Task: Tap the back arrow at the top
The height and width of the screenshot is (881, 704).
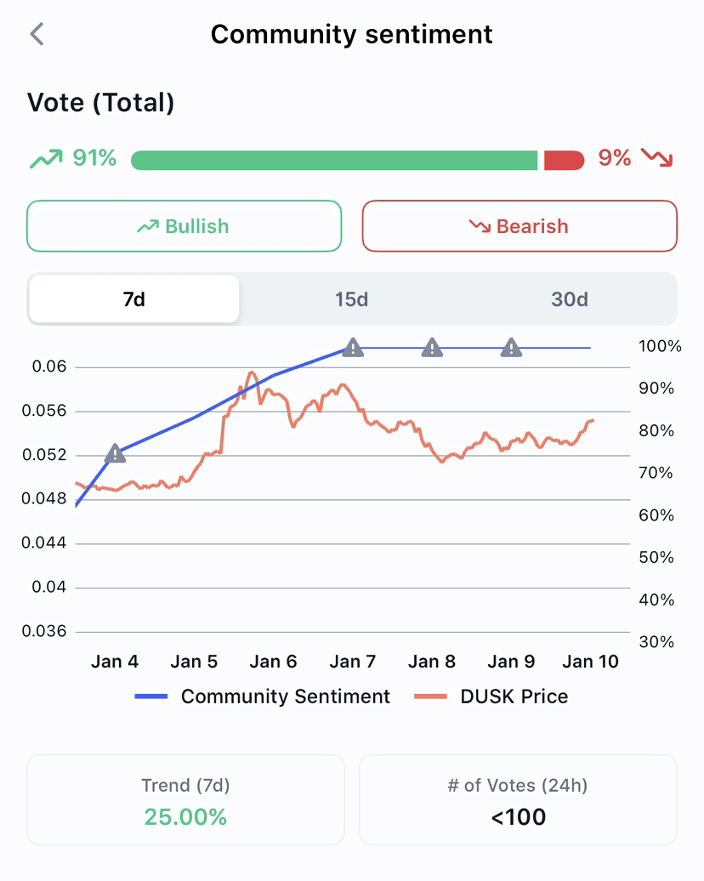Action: pyautogui.click(x=36, y=34)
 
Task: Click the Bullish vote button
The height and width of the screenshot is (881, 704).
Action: pyautogui.click(x=184, y=226)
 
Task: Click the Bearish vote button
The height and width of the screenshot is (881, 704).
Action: pyautogui.click(x=519, y=226)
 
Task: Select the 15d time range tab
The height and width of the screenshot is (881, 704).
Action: pyautogui.click(x=351, y=299)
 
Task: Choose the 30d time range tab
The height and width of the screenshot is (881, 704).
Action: pyautogui.click(x=569, y=299)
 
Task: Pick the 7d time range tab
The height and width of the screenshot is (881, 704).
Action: pyautogui.click(x=134, y=299)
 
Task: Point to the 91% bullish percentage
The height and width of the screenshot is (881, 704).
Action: pyautogui.click(x=94, y=158)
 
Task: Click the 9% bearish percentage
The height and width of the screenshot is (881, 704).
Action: pyautogui.click(x=615, y=158)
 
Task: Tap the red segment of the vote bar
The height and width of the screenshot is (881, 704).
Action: pyautogui.click(x=564, y=160)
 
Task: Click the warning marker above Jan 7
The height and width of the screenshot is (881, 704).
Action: pyautogui.click(x=353, y=347)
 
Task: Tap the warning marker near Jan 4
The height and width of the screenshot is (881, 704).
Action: pyautogui.click(x=115, y=454)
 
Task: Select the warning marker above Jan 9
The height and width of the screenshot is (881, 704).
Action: pyautogui.click(x=511, y=347)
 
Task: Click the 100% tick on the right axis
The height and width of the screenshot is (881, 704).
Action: pyautogui.click(x=660, y=347)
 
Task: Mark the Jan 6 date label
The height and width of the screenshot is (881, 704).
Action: pyautogui.click(x=273, y=662)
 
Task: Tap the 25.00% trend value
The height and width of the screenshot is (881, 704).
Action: pyautogui.click(x=185, y=817)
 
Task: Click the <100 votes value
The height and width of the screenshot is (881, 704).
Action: pyautogui.click(x=518, y=817)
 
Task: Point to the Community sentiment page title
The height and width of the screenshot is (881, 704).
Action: pyautogui.click(x=351, y=34)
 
